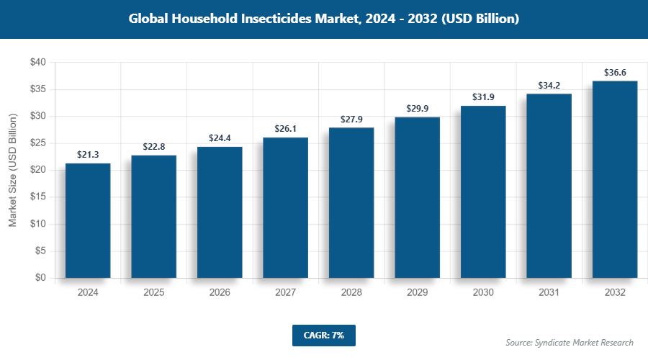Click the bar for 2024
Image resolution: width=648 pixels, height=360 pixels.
pos(88,220)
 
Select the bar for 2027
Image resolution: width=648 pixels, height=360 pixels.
pos(285,207)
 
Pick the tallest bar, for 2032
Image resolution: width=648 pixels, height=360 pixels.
pos(615,179)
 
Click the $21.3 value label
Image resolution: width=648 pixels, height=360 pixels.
pos(88,155)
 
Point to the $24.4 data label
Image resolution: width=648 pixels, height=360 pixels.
pos(220,138)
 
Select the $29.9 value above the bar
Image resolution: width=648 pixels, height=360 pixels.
pos(417,109)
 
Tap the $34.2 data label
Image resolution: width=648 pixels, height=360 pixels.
pos(549,86)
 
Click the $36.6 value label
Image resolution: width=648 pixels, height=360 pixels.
pos(615,73)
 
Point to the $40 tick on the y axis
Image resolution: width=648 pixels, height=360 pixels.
pos(37,63)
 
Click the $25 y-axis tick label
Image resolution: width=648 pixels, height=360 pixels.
pos(37,143)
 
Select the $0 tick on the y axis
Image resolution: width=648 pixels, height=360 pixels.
pos(40,278)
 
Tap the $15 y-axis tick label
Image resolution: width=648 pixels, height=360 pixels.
pos(37,197)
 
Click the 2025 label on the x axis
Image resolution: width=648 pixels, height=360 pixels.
pos(153,293)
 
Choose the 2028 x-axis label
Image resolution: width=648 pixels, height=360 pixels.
pos(351,293)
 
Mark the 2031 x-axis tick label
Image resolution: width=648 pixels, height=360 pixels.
pos(549,293)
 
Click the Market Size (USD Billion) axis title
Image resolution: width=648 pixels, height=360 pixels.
pos(12,170)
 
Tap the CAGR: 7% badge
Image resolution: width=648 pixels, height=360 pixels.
pos(323,335)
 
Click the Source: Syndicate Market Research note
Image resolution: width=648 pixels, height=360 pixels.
pos(569,342)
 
